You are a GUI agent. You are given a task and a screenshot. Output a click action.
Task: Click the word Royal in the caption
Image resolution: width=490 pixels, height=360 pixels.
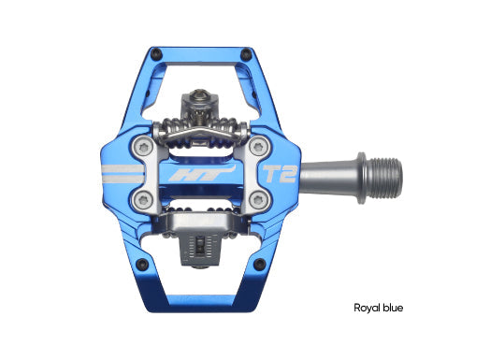point(367,307)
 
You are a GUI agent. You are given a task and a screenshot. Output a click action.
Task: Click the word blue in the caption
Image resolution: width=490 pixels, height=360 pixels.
point(396,307)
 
